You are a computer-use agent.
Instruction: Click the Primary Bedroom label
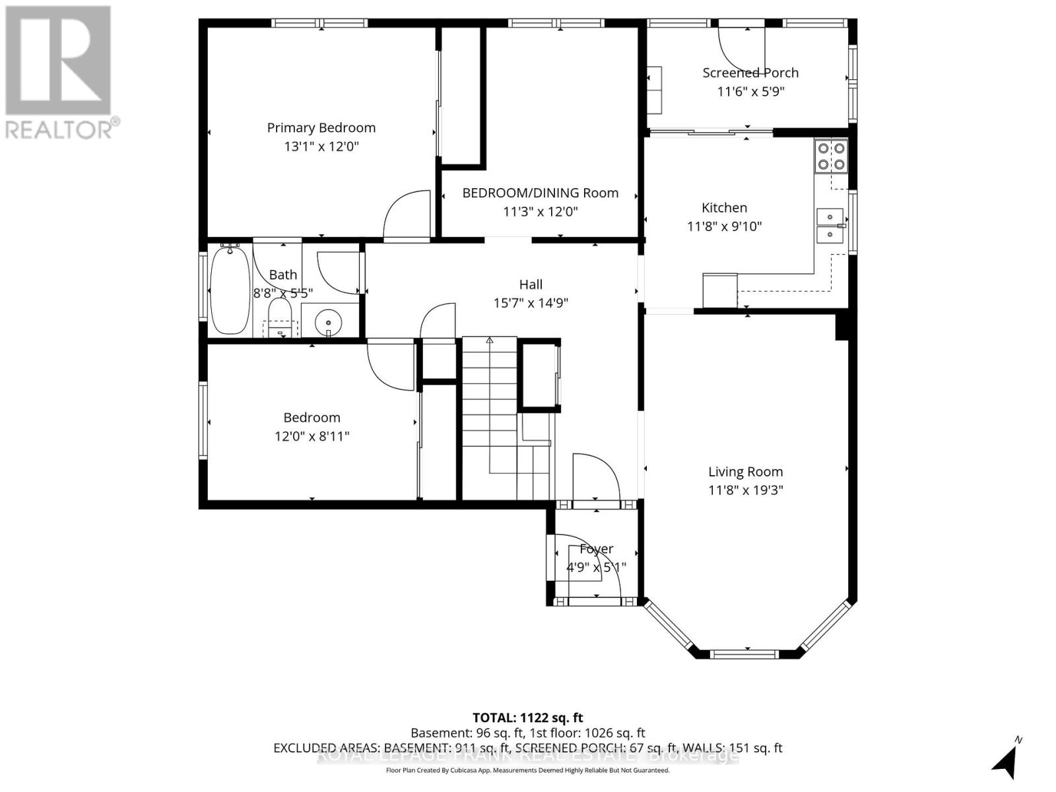pyautogui.click(x=321, y=128)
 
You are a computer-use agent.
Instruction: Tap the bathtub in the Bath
pyautogui.click(x=230, y=290)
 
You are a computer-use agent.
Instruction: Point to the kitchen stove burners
pyautogui.click(x=832, y=156)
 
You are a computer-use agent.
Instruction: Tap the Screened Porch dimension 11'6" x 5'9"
pyautogui.click(x=750, y=91)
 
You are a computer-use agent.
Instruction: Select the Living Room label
pyautogui.click(x=745, y=472)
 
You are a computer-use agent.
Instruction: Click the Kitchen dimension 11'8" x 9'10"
pyautogui.click(x=724, y=226)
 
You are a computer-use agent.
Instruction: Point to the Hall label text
pyautogui.click(x=531, y=284)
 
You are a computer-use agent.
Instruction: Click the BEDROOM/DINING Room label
pyautogui.click(x=540, y=193)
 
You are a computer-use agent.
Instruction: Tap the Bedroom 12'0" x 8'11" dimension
pyautogui.click(x=312, y=436)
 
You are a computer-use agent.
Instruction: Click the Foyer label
pyautogui.click(x=596, y=549)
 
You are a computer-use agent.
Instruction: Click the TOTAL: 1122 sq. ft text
pyautogui.click(x=527, y=717)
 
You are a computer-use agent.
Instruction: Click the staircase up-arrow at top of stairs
pyautogui.click(x=490, y=341)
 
